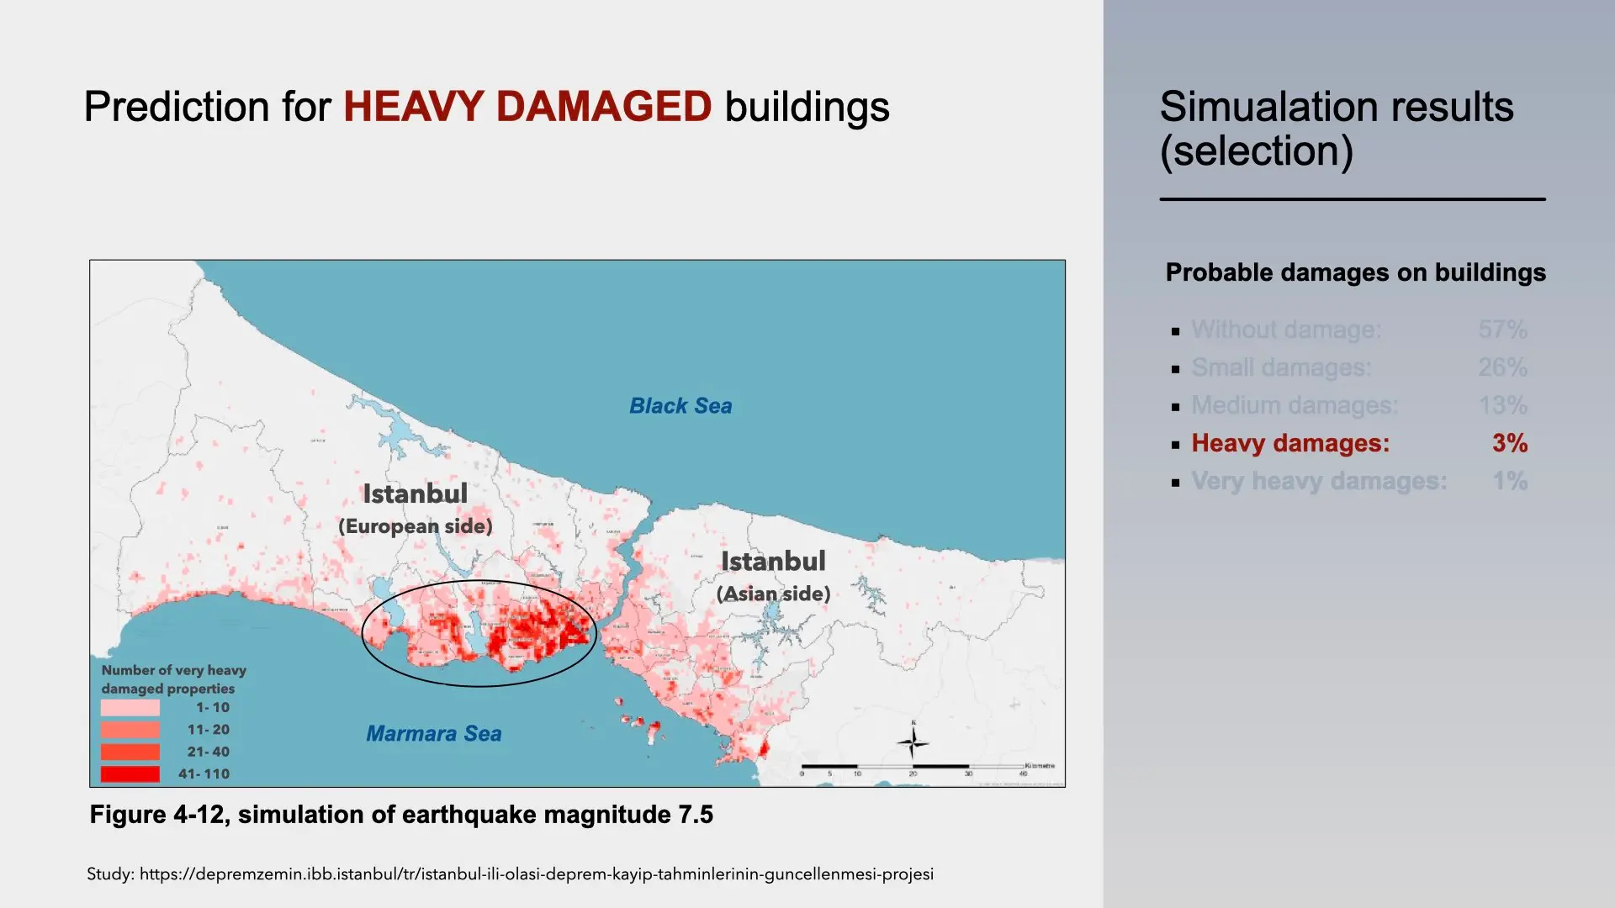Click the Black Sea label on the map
680,406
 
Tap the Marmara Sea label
433,734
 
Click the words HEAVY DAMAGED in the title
527,107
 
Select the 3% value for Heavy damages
1509,443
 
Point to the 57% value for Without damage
1502,330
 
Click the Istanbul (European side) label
415,509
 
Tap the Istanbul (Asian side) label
773,576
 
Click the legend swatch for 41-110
130,774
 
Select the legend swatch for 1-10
130,708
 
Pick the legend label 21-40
208,752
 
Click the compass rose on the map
913,742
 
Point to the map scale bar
913,767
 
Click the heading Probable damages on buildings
1355,272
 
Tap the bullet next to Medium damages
1175,407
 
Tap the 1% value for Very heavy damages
1509,481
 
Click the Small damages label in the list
1281,367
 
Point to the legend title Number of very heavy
173,670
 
